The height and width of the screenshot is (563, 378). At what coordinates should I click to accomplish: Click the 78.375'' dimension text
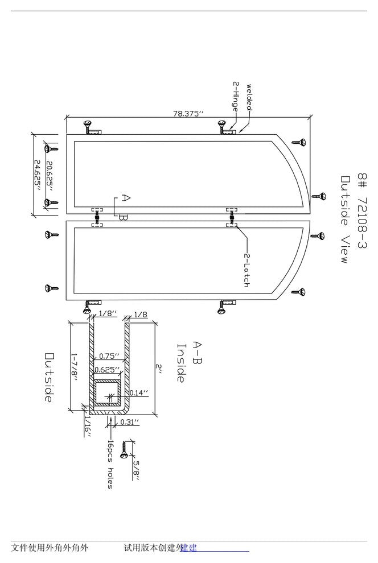click(188, 114)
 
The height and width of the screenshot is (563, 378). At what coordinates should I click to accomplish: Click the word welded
click(249, 98)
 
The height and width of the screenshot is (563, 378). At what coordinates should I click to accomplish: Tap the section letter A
click(126, 198)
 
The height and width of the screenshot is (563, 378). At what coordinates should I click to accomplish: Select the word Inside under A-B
click(181, 362)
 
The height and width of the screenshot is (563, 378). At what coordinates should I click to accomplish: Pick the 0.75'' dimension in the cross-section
click(109, 357)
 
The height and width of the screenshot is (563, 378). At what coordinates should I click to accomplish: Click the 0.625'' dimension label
click(107, 370)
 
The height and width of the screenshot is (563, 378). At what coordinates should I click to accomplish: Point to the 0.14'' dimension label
click(138, 392)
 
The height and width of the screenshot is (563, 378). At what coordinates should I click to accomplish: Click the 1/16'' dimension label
click(88, 427)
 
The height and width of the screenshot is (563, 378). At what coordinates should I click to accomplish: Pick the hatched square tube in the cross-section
click(107, 393)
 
